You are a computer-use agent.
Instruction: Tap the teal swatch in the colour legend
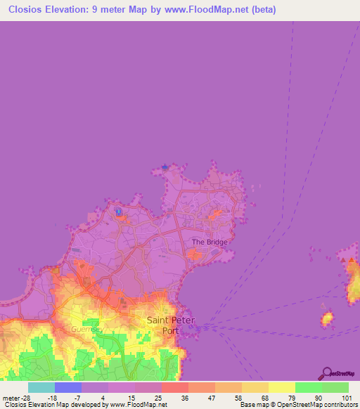tap(41, 387)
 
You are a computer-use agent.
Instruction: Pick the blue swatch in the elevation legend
tap(67, 387)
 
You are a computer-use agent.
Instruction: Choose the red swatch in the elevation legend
tap(174, 387)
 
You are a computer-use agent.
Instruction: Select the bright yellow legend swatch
tap(281, 387)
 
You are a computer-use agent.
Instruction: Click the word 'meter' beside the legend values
tap(11, 397)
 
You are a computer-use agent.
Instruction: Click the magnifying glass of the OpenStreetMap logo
tap(326, 372)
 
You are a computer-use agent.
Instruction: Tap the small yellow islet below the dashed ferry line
tap(327, 320)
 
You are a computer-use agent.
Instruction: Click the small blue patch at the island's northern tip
tap(165, 167)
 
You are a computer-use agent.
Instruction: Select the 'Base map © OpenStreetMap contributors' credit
tap(299, 405)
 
